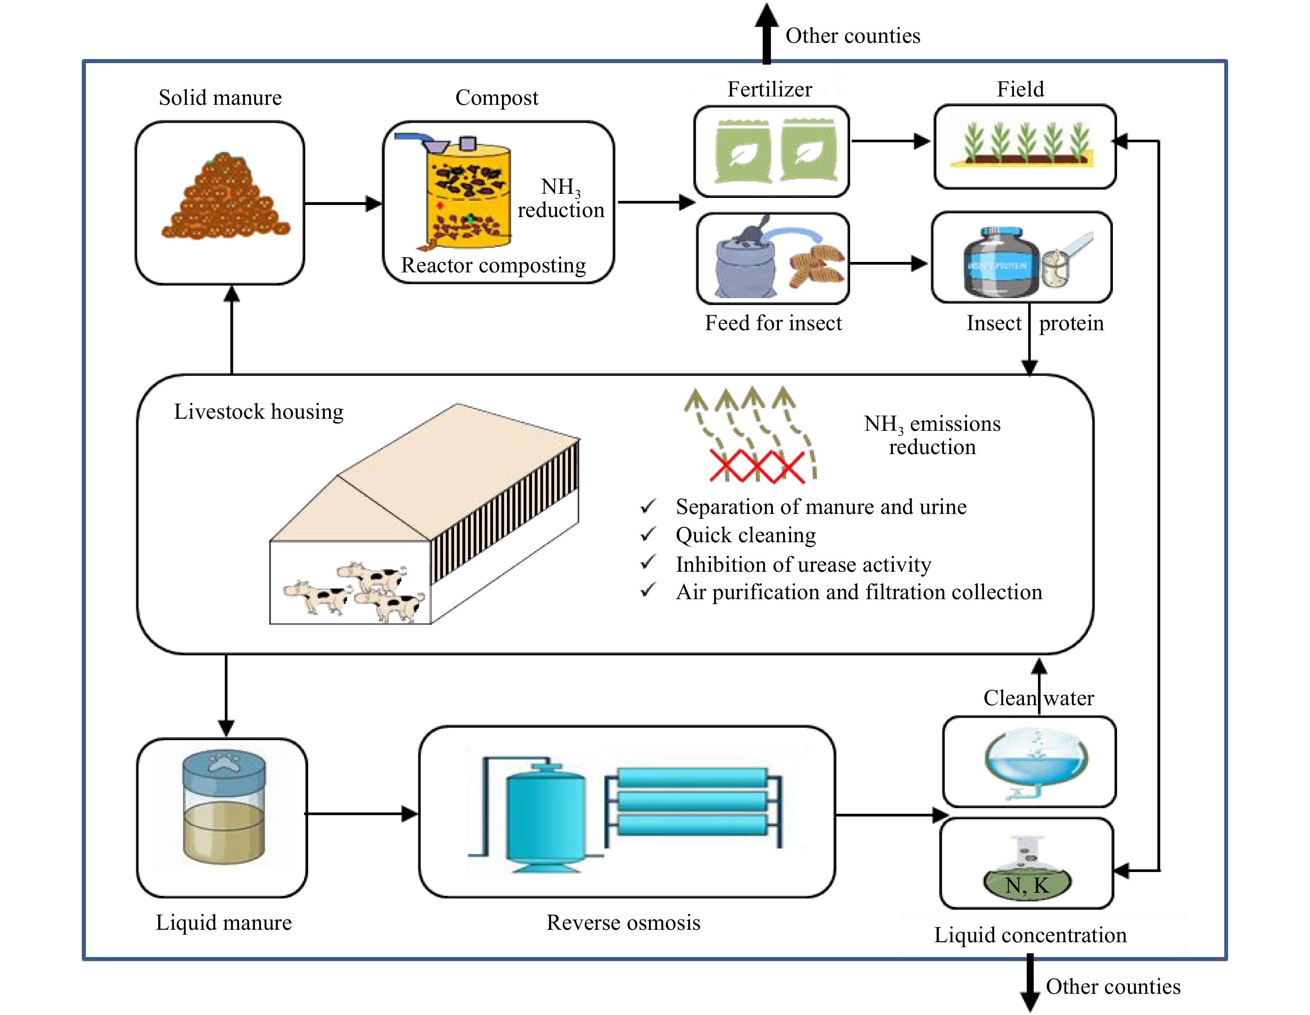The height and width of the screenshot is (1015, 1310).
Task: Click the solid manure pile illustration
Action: point(225,198)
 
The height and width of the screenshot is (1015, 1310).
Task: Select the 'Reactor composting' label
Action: point(493,265)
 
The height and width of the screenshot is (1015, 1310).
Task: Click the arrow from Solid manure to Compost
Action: point(342,203)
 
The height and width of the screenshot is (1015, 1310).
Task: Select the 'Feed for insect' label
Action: point(773,324)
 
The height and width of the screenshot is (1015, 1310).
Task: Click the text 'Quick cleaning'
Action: point(746,535)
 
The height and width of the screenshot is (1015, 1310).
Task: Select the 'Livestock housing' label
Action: point(259,412)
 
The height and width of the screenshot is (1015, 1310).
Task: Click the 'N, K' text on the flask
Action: point(1027,885)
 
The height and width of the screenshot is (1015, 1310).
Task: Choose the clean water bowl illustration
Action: point(1036,762)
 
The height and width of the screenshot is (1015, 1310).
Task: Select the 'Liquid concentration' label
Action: point(1030,935)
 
